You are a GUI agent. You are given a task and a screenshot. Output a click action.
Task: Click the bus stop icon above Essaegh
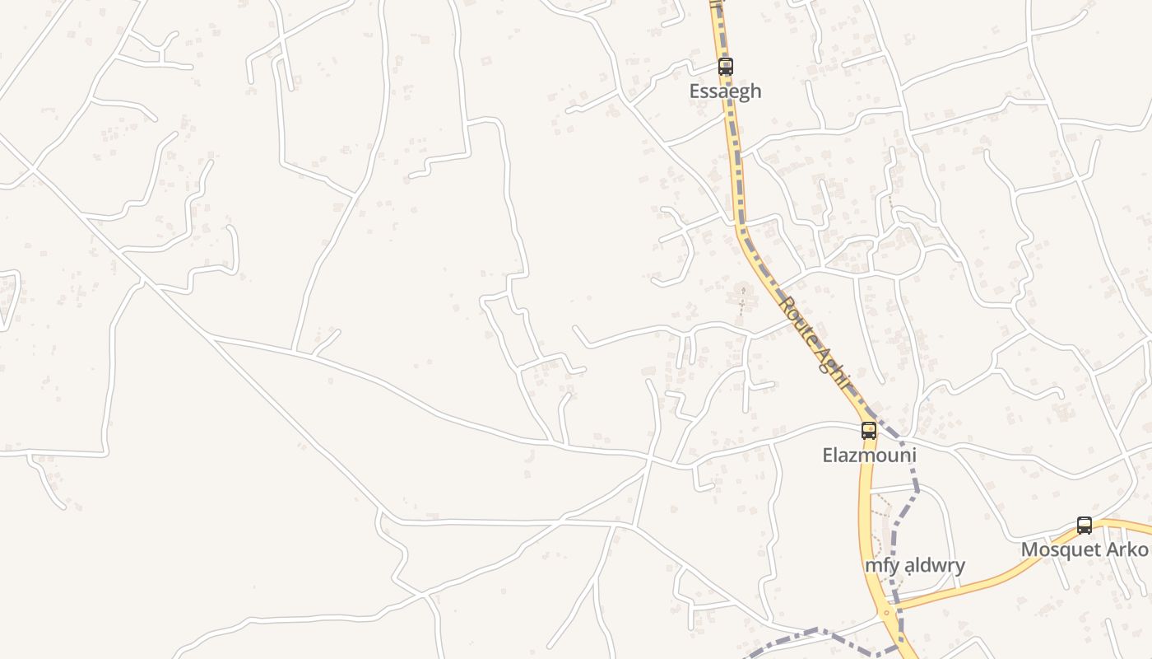725,67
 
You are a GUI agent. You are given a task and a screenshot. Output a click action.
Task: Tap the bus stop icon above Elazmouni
869,430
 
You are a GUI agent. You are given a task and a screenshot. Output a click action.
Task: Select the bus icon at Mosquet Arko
1085,526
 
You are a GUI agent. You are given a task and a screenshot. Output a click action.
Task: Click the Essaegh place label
725,91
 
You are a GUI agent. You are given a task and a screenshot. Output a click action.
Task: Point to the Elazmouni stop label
869,455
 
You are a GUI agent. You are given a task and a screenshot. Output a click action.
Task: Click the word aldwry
934,566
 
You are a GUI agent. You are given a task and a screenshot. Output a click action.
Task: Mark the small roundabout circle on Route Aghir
886,613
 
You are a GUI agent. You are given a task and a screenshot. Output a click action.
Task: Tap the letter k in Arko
1131,549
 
